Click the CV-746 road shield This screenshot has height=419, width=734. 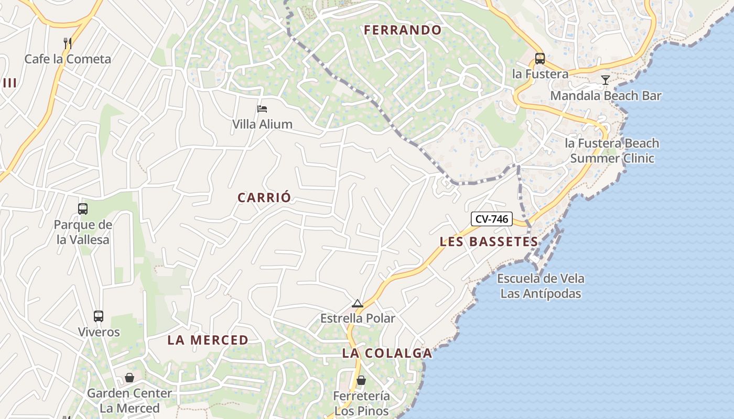pos(491,219)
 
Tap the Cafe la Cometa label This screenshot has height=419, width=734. pos(68,59)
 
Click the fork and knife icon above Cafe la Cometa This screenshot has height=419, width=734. pos(67,43)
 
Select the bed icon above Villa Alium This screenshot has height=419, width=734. pos(262,109)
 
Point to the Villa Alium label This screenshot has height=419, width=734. pos(262,124)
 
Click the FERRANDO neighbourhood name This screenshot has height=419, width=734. pos(403,30)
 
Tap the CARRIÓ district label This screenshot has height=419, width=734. pos(264,197)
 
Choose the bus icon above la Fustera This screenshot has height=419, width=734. pos(539,58)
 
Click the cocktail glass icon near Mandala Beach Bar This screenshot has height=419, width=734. pos(606,80)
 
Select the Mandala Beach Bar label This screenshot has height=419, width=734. pos(606,96)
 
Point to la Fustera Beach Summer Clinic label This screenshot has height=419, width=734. pos(612,150)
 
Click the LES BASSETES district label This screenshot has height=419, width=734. pos(489,241)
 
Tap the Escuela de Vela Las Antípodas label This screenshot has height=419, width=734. pos(541,285)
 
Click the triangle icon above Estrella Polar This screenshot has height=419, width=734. pos(358,303)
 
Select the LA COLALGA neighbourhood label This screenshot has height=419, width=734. pos(387,353)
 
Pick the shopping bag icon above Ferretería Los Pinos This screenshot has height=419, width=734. pos(361,380)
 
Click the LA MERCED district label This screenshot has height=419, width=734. pos(208,340)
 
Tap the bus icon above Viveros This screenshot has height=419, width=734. pos(99,316)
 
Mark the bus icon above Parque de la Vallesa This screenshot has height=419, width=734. pos(83,209)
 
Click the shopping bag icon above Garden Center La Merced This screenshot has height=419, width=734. pos(129,378)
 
